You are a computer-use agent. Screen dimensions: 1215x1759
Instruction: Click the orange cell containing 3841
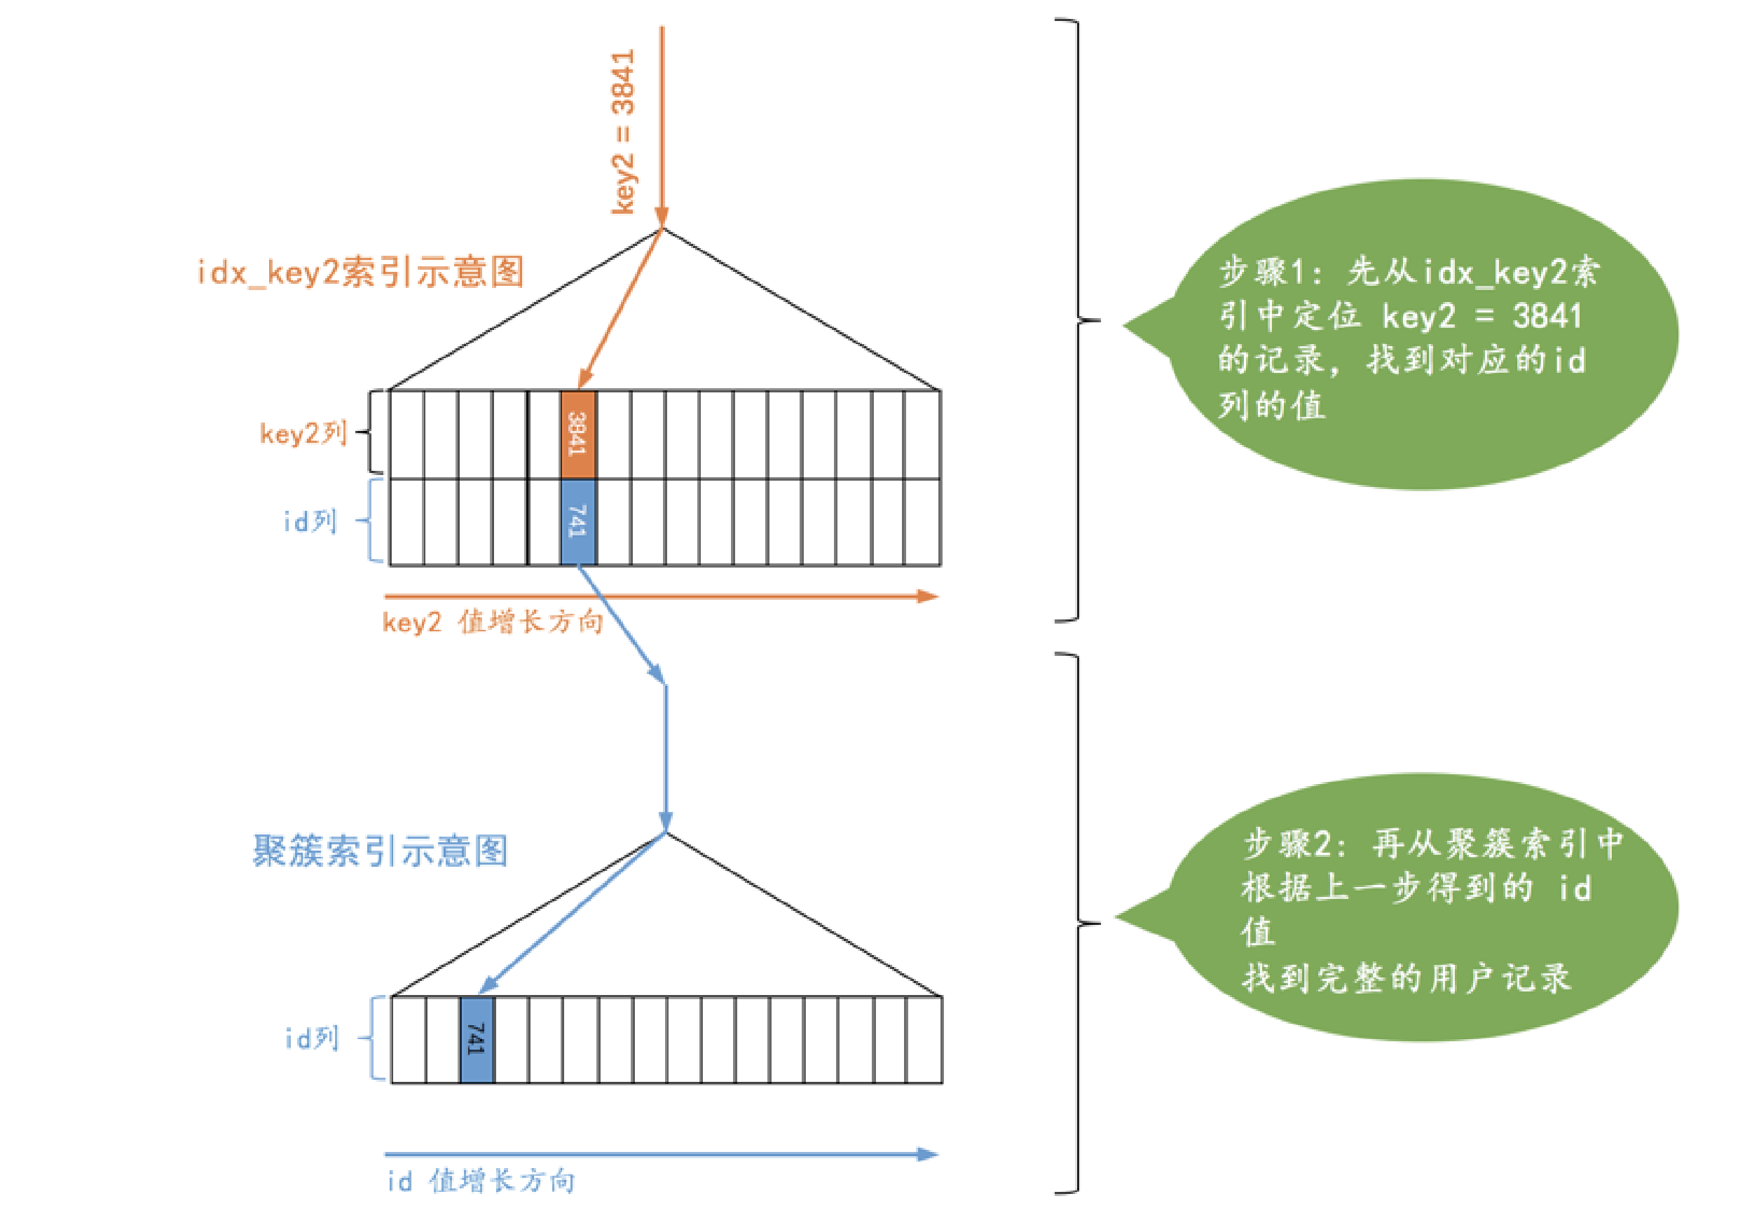point(577,434)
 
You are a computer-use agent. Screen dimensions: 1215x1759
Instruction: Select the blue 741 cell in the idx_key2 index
point(577,521)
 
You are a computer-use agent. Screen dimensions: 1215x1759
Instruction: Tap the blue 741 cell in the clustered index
point(477,1038)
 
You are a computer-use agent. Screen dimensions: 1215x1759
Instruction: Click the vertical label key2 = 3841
point(623,131)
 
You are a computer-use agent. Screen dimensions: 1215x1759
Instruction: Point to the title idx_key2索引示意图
point(360,272)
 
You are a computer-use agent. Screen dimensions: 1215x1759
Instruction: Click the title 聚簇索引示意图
point(379,851)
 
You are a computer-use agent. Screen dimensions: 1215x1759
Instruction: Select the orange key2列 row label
point(303,433)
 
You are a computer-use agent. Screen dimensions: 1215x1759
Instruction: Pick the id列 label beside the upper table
point(309,521)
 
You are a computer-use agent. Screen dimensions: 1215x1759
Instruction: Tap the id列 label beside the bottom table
point(310,1038)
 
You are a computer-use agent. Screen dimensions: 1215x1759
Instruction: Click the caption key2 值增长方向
point(492,622)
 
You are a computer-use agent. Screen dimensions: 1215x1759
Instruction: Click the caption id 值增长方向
point(481,1181)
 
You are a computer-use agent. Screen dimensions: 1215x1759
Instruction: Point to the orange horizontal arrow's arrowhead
point(927,596)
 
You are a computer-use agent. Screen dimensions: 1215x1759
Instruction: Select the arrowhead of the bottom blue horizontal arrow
point(927,1154)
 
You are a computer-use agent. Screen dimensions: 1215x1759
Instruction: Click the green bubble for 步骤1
point(1416,335)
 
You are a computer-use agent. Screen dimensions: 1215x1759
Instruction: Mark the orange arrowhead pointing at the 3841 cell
point(584,379)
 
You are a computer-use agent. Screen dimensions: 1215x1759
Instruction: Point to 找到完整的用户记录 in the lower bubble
point(1406,977)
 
